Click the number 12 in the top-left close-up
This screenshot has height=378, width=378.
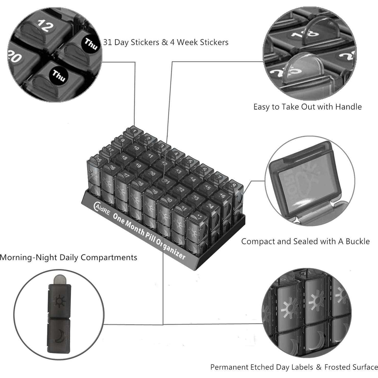pos(45,26)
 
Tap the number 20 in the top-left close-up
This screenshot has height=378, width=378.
pos(14,56)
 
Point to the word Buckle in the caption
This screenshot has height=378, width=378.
pos(358,241)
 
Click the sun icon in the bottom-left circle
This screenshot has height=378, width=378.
pos(59,301)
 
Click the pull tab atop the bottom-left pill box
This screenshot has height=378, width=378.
pos(59,279)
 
